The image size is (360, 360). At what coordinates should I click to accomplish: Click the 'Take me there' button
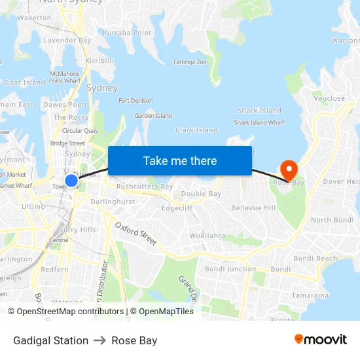[180, 161]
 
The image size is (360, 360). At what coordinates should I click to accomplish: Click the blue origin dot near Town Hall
[71, 180]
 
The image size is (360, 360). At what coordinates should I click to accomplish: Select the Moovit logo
[321, 340]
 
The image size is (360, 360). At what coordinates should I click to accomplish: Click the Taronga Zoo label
[189, 62]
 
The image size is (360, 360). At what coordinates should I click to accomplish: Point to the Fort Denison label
[135, 101]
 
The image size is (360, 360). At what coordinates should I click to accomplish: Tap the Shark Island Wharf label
[259, 122]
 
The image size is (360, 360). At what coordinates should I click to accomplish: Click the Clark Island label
[196, 130]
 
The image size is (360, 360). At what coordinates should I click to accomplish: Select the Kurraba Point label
[127, 33]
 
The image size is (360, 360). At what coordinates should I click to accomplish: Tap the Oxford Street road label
[136, 234]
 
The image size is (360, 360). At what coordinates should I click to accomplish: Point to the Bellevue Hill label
[253, 208]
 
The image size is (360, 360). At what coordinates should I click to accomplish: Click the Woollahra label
[207, 236]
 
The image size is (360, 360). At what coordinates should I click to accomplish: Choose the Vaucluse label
[329, 99]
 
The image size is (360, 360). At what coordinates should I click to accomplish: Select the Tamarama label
[310, 295]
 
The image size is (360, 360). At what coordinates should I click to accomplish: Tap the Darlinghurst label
[113, 202]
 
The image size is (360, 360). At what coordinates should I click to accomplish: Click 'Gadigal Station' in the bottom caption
[50, 340]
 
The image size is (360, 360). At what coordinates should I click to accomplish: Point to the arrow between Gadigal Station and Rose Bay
[100, 340]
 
